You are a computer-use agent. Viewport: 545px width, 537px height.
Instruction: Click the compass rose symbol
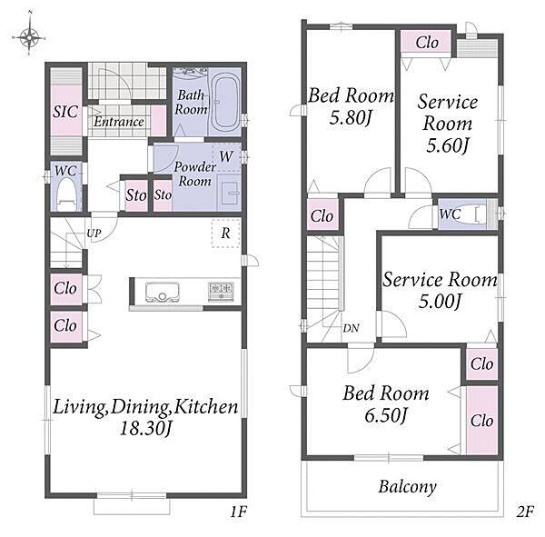[29, 35]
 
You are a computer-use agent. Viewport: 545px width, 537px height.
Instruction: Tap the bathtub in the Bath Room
[225, 102]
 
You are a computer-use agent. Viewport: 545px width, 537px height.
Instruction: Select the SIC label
[65, 112]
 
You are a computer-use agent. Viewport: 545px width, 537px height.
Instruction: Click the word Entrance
[119, 122]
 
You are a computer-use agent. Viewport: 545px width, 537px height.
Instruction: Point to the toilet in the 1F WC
[66, 194]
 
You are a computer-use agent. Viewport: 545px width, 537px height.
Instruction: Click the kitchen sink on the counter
[163, 292]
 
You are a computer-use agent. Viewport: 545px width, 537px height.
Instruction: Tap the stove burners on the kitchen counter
[221, 291]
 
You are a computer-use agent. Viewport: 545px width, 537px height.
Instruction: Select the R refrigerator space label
[225, 233]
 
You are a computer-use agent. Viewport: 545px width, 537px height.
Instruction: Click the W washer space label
[226, 156]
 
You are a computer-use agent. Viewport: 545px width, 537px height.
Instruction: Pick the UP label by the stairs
[94, 233]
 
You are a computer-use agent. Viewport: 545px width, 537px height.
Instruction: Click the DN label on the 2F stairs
[351, 328]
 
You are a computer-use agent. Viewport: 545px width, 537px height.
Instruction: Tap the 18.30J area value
[145, 428]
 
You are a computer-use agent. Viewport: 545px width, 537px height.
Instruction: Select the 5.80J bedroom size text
[351, 117]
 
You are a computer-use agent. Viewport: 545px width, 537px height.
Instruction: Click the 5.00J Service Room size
[440, 301]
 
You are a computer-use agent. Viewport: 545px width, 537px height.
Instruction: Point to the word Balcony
[407, 487]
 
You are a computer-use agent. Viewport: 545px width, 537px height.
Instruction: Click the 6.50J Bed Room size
[385, 415]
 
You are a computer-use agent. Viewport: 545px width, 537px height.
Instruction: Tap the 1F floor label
[238, 512]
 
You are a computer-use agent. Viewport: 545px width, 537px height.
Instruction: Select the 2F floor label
[525, 512]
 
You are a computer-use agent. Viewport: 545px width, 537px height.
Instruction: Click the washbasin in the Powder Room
[228, 194]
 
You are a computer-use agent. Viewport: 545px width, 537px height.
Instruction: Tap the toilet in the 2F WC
[473, 214]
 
